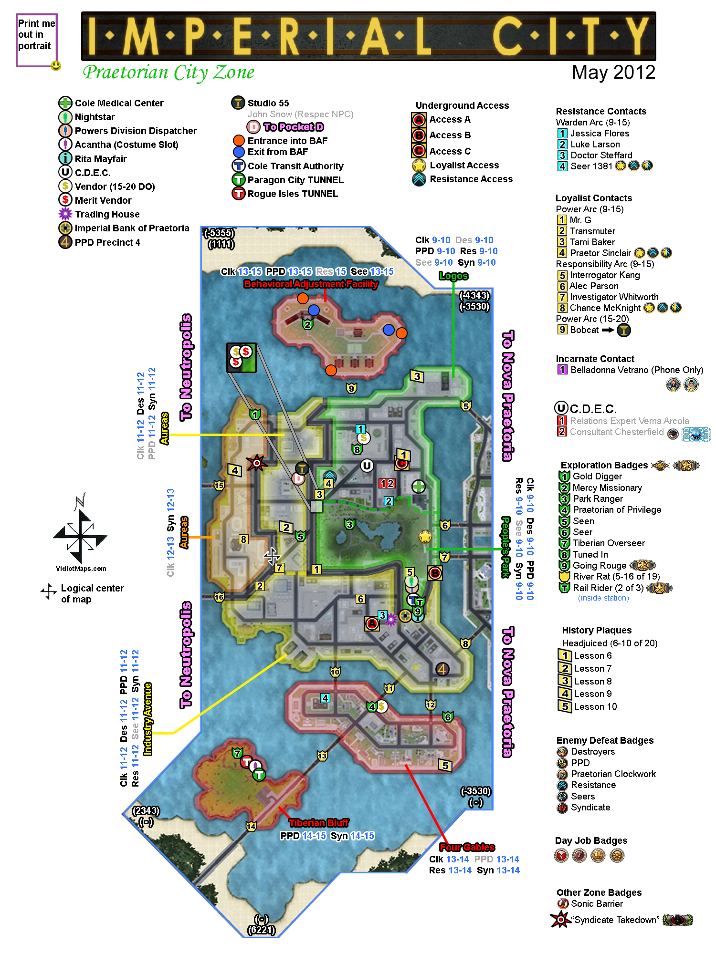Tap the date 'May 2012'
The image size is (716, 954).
point(613,73)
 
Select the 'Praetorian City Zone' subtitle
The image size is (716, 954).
point(168,73)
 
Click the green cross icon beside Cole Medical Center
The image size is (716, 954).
point(65,103)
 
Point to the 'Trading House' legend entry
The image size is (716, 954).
point(107,214)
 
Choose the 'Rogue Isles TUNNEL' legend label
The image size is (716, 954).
point(292,194)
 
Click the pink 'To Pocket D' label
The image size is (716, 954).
point(293,127)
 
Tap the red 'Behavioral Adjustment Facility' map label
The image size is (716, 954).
point(311,284)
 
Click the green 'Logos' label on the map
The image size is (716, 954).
point(453,276)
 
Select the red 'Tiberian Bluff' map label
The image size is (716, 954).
point(319,823)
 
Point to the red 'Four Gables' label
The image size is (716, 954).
point(467,847)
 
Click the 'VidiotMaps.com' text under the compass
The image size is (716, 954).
point(81,569)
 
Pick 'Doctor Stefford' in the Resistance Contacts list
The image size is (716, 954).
point(601,155)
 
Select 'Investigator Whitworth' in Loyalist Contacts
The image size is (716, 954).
point(614,297)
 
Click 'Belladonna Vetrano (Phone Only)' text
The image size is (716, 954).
point(637,370)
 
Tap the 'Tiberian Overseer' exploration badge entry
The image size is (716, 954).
point(609,543)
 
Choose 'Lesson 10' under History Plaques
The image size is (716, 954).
point(595,706)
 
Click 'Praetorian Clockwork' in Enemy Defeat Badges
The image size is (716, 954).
point(613,774)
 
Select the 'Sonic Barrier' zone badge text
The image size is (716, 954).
point(597,903)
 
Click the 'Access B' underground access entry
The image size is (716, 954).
point(450,135)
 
